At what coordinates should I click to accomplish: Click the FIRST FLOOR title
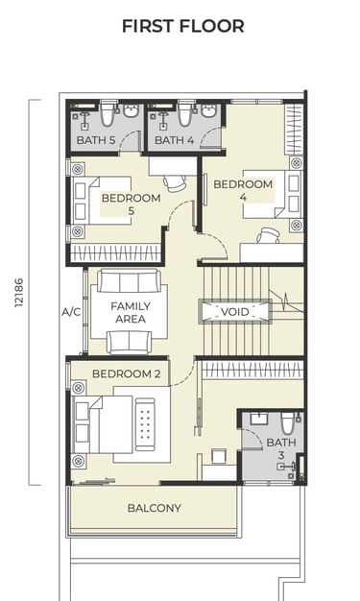182,26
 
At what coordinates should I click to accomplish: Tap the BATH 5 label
96,140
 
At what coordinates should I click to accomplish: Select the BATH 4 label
174,140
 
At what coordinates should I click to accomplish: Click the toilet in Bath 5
108,114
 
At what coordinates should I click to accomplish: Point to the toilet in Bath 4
185,114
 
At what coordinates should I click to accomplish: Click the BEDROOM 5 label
132,204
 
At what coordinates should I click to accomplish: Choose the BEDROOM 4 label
243,190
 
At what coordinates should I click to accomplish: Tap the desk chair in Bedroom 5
174,182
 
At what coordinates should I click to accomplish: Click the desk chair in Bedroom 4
268,235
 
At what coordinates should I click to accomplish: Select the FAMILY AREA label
131,312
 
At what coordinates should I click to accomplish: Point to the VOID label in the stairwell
235,312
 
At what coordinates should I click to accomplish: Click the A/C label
71,312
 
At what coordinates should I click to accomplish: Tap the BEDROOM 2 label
127,373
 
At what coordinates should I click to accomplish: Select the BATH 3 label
281,449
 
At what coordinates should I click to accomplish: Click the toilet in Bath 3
287,422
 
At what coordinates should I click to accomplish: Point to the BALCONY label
155,508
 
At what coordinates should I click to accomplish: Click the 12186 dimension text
19,293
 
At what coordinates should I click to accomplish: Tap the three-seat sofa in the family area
130,281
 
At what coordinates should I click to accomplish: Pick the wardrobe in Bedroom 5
115,253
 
